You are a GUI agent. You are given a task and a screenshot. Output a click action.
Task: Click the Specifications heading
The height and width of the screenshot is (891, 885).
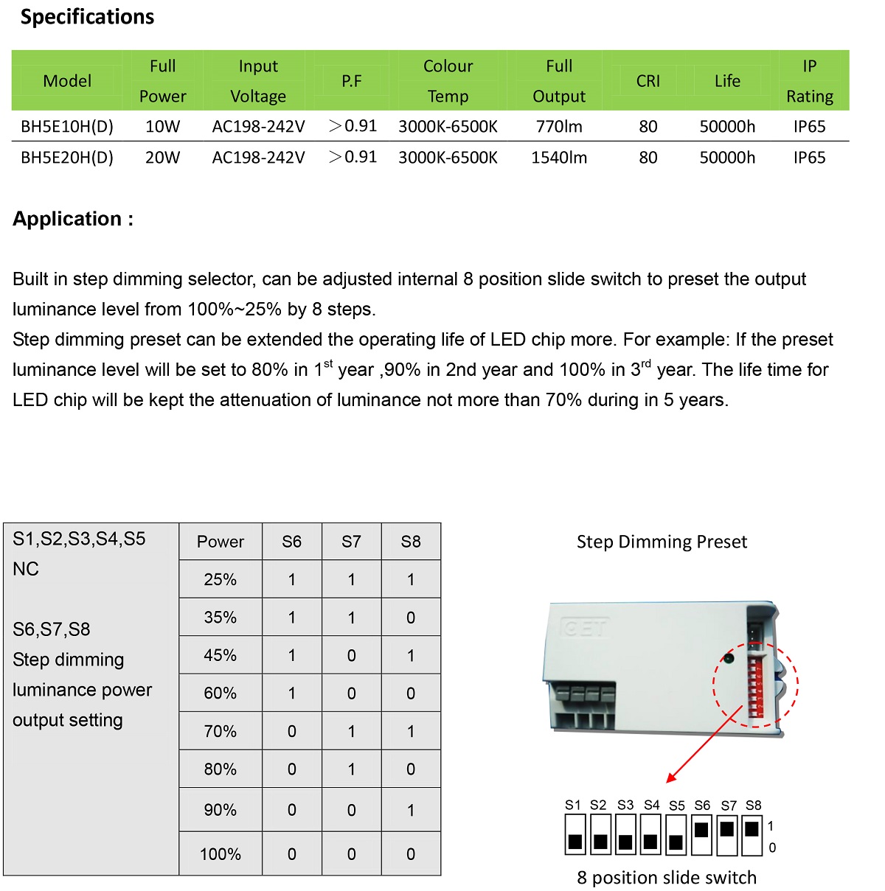(x=87, y=17)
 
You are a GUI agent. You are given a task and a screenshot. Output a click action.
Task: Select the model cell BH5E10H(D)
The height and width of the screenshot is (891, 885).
(x=67, y=127)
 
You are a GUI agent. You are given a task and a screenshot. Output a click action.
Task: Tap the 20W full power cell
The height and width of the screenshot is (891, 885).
(x=162, y=158)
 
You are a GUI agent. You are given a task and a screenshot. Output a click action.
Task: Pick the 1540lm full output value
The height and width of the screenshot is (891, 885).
(x=559, y=158)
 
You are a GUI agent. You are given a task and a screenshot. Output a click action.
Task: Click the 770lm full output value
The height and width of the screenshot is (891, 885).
(x=559, y=127)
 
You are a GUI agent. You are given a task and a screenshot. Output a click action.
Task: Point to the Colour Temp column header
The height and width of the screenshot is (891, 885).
(x=448, y=81)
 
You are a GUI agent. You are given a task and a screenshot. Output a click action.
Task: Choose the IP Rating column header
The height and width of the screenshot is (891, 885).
(x=809, y=81)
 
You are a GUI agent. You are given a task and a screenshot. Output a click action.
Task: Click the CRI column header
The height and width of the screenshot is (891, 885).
(x=648, y=81)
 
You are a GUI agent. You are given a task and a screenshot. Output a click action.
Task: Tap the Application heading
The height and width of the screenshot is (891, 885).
(x=73, y=219)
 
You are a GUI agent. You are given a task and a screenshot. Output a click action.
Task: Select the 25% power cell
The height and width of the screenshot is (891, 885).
(x=220, y=580)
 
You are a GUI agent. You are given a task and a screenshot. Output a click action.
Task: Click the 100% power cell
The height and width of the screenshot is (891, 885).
(x=220, y=854)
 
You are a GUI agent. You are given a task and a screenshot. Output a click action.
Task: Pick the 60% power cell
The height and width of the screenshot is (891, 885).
(x=220, y=693)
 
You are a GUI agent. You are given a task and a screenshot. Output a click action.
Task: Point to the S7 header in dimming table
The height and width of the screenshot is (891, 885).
(x=351, y=542)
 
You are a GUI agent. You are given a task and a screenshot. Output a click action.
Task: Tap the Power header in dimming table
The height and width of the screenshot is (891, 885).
(x=220, y=542)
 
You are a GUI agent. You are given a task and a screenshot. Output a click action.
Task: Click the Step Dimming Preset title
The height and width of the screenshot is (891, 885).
(x=662, y=542)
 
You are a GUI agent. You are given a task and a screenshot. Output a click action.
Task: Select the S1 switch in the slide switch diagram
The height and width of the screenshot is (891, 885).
(x=575, y=834)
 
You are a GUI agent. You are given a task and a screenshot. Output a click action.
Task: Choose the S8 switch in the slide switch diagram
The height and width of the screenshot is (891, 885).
(x=752, y=834)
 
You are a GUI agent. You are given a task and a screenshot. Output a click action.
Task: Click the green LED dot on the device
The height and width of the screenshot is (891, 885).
(x=729, y=658)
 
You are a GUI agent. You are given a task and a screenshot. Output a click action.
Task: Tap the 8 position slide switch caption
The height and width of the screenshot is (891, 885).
(x=667, y=878)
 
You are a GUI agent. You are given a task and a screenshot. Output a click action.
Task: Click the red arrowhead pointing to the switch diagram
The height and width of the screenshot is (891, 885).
(x=670, y=778)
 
